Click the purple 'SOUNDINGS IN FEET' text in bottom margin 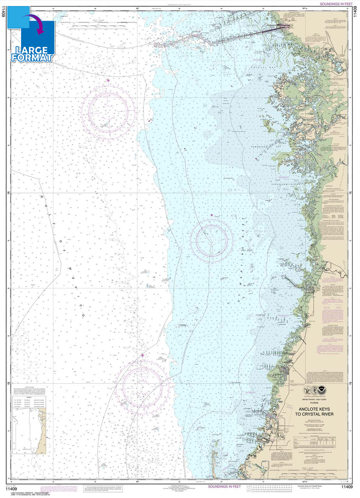click(x=224, y=486)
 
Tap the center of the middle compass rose click(x=211, y=241)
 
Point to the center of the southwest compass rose click(x=142, y=386)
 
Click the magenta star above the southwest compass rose click(x=142, y=355)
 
